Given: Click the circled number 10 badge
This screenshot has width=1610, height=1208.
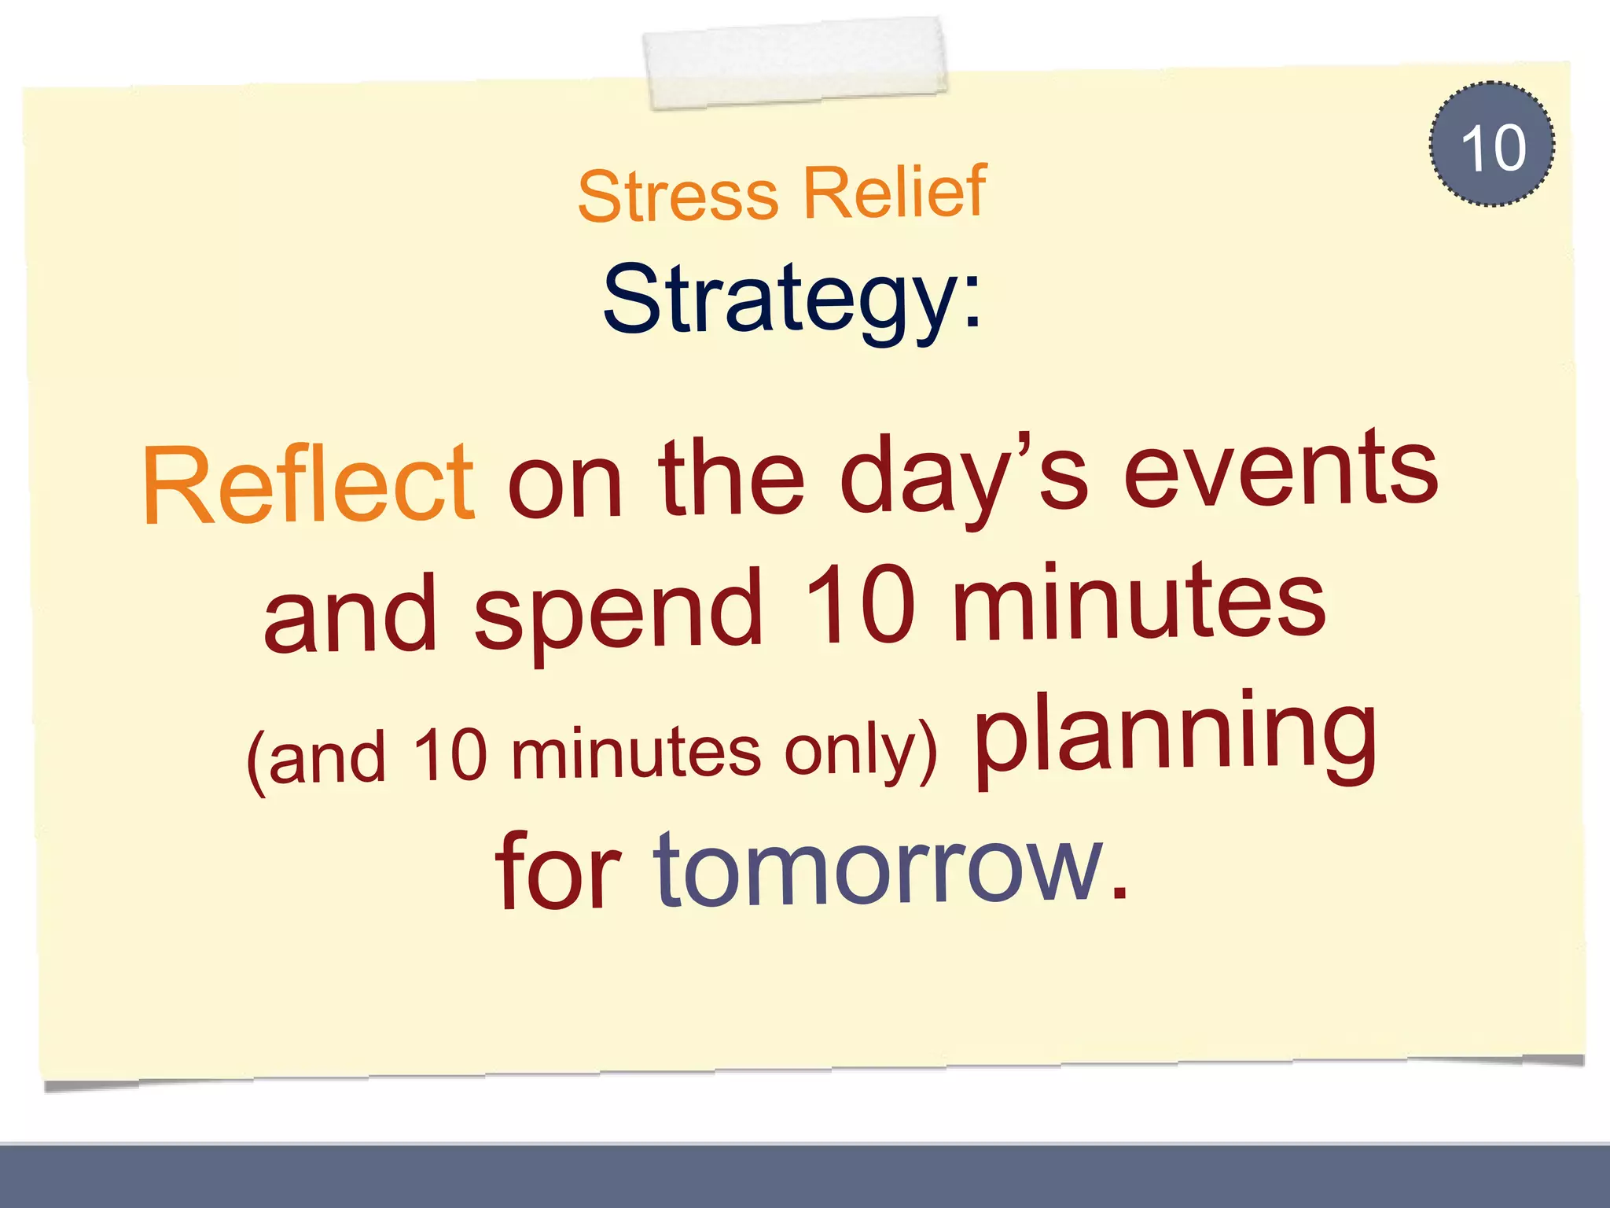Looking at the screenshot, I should pyautogui.click(x=1491, y=145).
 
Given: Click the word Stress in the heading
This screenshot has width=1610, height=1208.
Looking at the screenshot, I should pyautogui.click(x=678, y=196).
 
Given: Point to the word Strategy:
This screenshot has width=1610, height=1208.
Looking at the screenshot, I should pyautogui.click(x=792, y=300).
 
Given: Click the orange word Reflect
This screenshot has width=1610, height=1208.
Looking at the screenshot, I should pyautogui.click(x=308, y=484).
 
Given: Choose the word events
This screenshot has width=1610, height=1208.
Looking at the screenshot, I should pyautogui.click(x=1281, y=470).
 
